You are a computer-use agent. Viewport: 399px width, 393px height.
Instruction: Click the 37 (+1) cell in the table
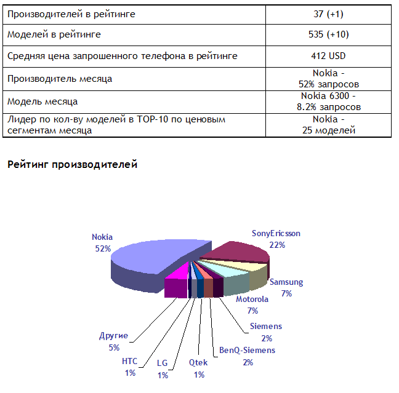[328, 14]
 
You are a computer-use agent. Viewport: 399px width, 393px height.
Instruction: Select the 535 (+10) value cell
[328, 35]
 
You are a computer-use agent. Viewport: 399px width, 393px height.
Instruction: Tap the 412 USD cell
[328, 56]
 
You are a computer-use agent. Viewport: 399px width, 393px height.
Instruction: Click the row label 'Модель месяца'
[42, 101]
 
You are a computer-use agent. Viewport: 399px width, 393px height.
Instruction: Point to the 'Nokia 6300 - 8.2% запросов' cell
[328, 101]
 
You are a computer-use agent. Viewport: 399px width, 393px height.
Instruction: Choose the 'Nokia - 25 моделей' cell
[328, 124]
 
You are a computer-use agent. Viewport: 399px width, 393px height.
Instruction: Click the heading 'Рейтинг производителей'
[72, 164]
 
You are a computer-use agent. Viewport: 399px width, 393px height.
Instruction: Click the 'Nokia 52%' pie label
[102, 242]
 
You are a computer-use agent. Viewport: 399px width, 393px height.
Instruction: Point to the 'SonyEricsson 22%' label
[276, 239]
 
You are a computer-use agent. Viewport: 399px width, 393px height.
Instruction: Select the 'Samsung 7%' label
[286, 288]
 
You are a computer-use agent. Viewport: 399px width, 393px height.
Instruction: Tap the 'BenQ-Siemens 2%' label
[248, 356]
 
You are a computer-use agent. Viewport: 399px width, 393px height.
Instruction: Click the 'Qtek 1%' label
[198, 368]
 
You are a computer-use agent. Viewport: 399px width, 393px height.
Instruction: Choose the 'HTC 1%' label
[129, 367]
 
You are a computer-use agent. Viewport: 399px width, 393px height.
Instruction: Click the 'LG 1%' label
[163, 369]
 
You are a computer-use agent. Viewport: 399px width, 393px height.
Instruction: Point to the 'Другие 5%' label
[113, 341]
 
